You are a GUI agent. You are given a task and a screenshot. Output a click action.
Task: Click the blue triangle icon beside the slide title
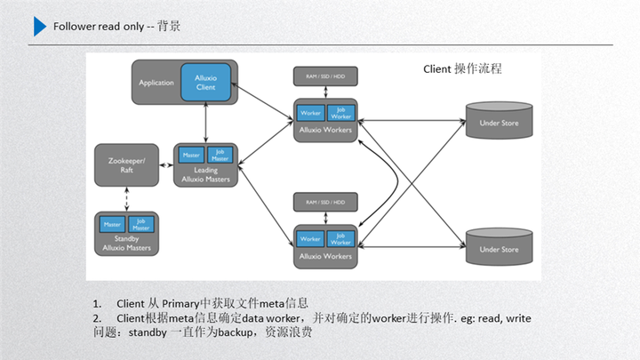[40, 27]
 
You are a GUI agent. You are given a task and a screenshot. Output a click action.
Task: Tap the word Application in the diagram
[156, 83]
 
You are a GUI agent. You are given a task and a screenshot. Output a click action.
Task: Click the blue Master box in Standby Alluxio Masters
[112, 224]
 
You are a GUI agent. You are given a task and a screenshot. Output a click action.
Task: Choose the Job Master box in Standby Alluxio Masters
[140, 224]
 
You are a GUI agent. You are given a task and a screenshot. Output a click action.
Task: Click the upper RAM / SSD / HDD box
[325, 77]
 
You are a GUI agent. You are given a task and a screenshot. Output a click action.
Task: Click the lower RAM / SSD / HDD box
[325, 202]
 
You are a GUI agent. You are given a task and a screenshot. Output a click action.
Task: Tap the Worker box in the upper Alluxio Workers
[310, 114]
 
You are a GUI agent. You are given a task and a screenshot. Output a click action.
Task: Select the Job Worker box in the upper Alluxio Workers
[340, 114]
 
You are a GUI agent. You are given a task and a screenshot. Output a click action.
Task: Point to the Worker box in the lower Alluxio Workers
[310, 239]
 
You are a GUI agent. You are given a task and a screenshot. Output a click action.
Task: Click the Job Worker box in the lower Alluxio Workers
[340, 239]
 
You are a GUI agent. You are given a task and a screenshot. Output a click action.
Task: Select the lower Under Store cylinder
[499, 249]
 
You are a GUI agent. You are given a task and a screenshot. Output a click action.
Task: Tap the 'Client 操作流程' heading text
[462, 68]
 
